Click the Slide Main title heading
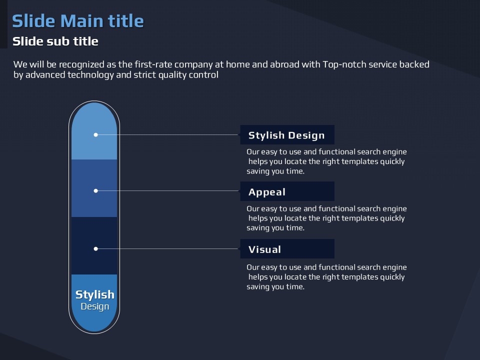click(x=78, y=21)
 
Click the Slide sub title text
click(x=55, y=41)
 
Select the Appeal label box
click(x=287, y=191)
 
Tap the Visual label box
click(x=287, y=249)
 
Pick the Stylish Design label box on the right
click(x=287, y=134)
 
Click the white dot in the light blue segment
click(x=96, y=134)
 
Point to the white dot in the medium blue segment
click(x=96, y=190)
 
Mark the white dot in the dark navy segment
click(x=96, y=249)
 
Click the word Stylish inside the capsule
click(x=95, y=295)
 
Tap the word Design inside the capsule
click(x=95, y=306)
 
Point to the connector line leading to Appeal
click(x=167, y=190)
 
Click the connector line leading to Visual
click(x=167, y=249)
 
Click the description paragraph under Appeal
click(x=326, y=218)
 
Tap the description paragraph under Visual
click(x=326, y=277)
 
